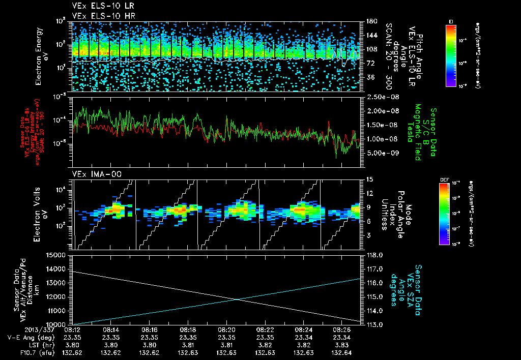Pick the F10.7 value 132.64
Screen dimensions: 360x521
[x=341, y=352]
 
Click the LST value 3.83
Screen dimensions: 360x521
[x=341, y=345]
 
